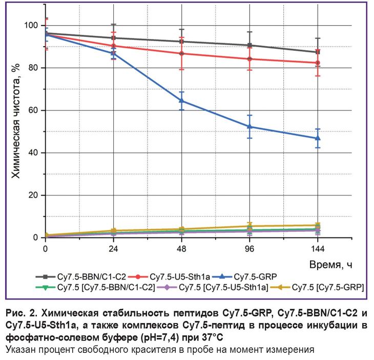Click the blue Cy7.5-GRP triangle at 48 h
(x=181, y=101)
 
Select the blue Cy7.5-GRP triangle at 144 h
(x=318, y=138)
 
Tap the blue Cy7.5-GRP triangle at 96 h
(x=250, y=126)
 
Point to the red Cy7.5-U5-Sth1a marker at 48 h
(x=181, y=53)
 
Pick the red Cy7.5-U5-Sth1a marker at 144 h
(x=318, y=63)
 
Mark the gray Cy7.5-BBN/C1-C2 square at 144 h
(x=318, y=52)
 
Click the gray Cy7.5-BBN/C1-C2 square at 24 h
(x=113, y=38)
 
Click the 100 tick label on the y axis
(x=32, y=26)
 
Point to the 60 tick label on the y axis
(x=34, y=110)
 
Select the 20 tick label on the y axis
(x=34, y=195)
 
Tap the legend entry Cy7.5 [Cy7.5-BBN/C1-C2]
(x=97, y=288)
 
